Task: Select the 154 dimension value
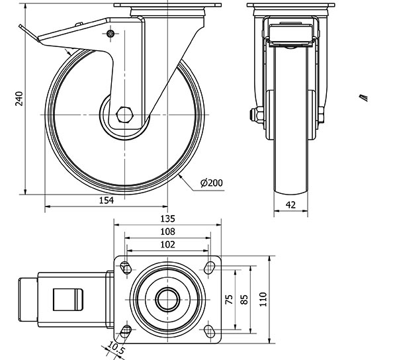pos(107,201)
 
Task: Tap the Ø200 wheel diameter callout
pos(210,183)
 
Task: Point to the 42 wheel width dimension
pos(290,205)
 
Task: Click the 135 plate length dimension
pos(167,218)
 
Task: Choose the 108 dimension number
pos(167,232)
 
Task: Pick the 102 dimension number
pos(167,244)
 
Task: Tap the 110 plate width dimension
pos(264,300)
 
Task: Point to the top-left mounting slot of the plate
pos(126,267)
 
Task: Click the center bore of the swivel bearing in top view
pos(167,298)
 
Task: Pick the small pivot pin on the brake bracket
pos(110,34)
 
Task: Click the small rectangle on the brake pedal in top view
pos(67,301)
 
